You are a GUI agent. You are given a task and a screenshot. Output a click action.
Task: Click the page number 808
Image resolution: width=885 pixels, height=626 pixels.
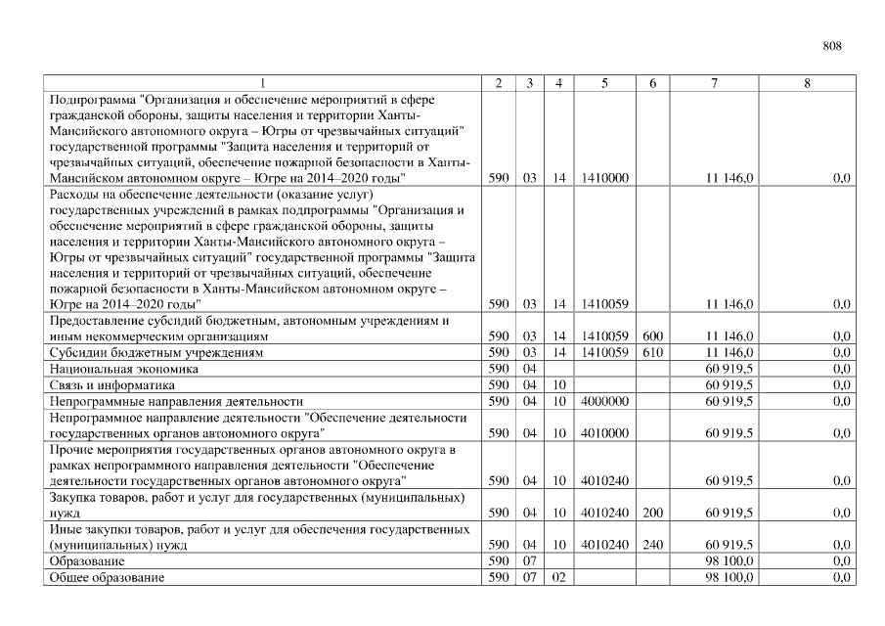coord(832,46)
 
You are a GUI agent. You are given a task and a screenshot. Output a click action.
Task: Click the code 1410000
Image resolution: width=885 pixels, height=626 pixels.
coord(604,179)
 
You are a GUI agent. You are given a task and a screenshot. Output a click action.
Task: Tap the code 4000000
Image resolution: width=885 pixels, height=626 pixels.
coord(604,401)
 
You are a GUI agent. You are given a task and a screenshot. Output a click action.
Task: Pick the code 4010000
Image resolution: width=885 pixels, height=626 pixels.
coord(604,432)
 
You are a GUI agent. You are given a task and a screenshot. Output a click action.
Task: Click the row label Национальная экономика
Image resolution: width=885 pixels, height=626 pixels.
coord(124,369)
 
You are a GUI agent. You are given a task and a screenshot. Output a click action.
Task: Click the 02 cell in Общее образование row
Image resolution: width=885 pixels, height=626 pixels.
coord(557,578)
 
